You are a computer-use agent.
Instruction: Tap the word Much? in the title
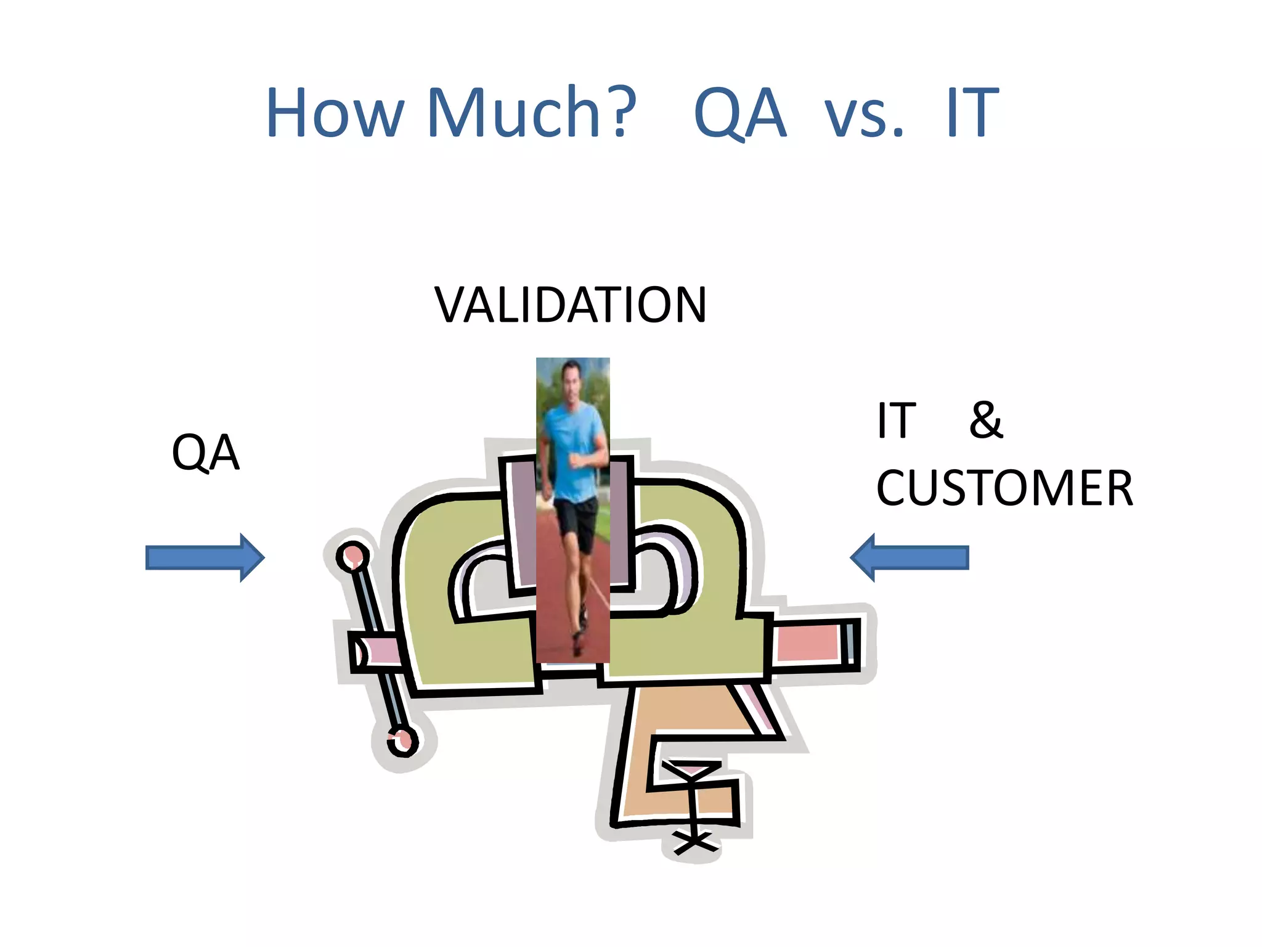531,113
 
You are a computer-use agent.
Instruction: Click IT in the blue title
972,113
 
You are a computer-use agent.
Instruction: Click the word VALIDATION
570,305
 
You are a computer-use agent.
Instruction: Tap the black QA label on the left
205,453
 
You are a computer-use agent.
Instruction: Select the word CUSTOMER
1004,488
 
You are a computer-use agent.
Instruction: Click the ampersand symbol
985,420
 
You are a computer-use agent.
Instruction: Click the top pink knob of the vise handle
353,556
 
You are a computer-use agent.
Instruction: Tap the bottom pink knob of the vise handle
402,742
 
